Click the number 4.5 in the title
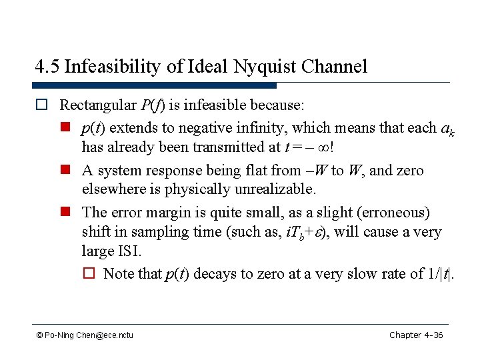47,67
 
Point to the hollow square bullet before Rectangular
45,105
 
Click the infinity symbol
323,148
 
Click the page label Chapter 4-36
416,335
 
